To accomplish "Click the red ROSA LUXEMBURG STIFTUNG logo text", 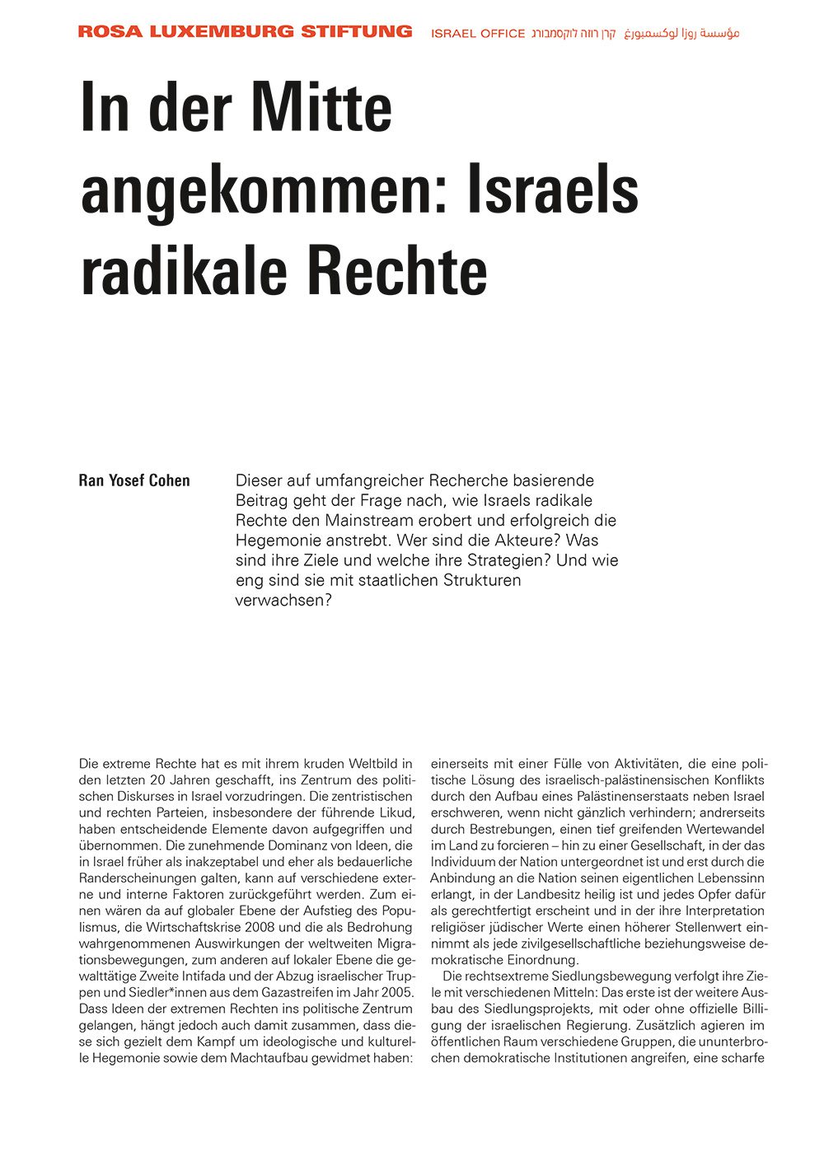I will click(245, 32).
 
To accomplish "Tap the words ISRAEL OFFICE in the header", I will click(478, 34).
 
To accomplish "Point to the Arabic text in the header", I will click(681, 33).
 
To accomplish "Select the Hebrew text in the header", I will click(574, 34).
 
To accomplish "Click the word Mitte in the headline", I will click(321, 109).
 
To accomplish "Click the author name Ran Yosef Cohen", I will click(134, 480).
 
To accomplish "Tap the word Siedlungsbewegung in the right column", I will click(614, 976).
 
